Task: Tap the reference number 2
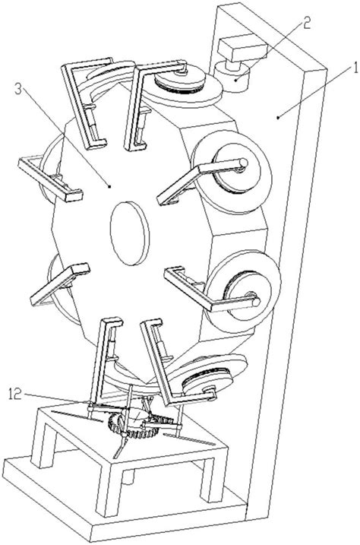(306, 24)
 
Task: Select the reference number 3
(18, 90)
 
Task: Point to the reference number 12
(15, 394)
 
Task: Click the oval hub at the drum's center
(129, 233)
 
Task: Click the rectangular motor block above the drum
(242, 49)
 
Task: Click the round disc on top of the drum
(182, 86)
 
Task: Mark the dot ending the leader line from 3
(109, 186)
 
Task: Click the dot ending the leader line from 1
(278, 118)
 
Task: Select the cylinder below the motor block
(233, 77)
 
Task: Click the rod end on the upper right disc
(244, 163)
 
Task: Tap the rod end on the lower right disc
(256, 302)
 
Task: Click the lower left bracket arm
(60, 284)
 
